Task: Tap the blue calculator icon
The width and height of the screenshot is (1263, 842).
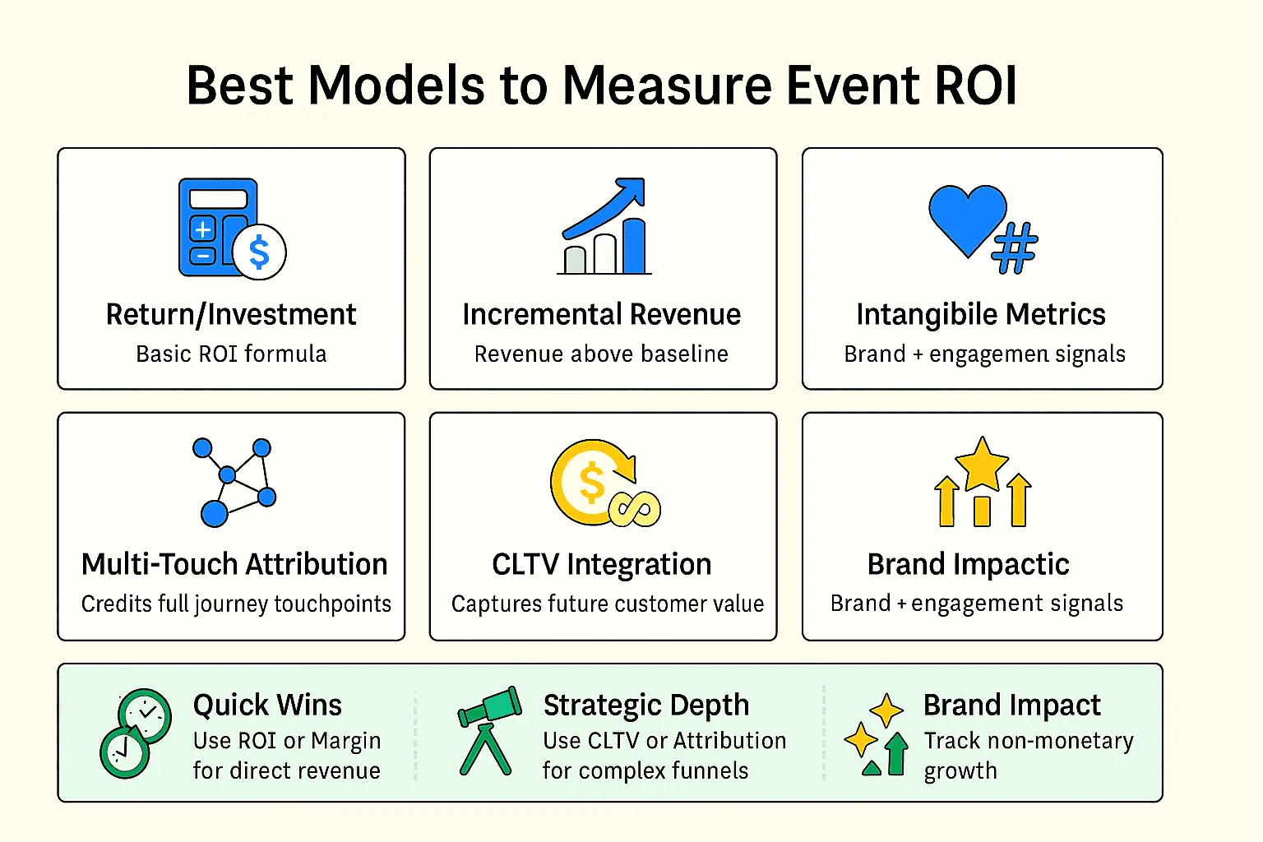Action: pyautogui.click(x=217, y=227)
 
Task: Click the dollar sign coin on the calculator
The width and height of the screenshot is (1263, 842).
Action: pyautogui.click(x=259, y=252)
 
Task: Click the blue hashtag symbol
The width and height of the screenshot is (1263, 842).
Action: pyautogui.click(x=1015, y=248)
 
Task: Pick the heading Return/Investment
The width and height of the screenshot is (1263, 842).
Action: pyautogui.click(x=231, y=315)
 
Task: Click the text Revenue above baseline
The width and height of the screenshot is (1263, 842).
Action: pyautogui.click(x=601, y=354)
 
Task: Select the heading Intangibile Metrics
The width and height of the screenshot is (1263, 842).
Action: pyautogui.click(x=981, y=315)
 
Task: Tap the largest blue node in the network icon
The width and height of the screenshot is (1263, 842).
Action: pyautogui.click(x=215, y=514)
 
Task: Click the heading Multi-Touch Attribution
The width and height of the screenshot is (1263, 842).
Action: pyautogui.click(x=234, y=564)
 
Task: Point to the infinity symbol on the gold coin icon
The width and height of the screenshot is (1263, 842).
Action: pyautogui.click(x=635, y=509)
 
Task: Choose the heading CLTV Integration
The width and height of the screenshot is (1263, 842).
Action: pyautogui.click(x=602, y=565)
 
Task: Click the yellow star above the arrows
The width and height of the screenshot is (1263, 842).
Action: pyautogui.click(x=982, y=464)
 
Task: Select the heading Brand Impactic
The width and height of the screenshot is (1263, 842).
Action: pyautogui.click(x=968, y=565)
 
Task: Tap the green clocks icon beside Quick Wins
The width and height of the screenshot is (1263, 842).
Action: pyautogui.click(x=136, y=733)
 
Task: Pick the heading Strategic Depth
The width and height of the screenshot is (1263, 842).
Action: pyautogui.click(x=646, y=706)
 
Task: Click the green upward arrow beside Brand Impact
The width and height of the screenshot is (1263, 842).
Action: pyautogui.click(x=896, y=753)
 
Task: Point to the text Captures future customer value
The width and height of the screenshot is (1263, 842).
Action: pyautogui.click(x=608, y=604)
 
